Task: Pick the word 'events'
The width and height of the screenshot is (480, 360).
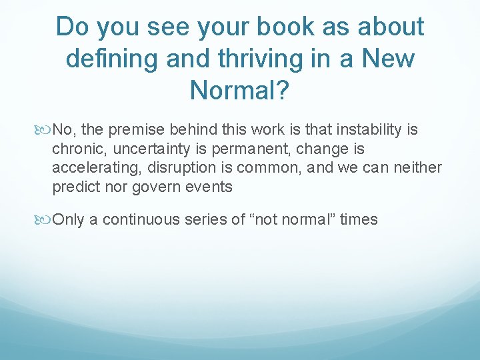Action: pyautogui.click(x=209, y=187)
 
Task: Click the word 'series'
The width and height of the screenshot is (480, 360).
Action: pyautogui.click(x=207, y=220)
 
